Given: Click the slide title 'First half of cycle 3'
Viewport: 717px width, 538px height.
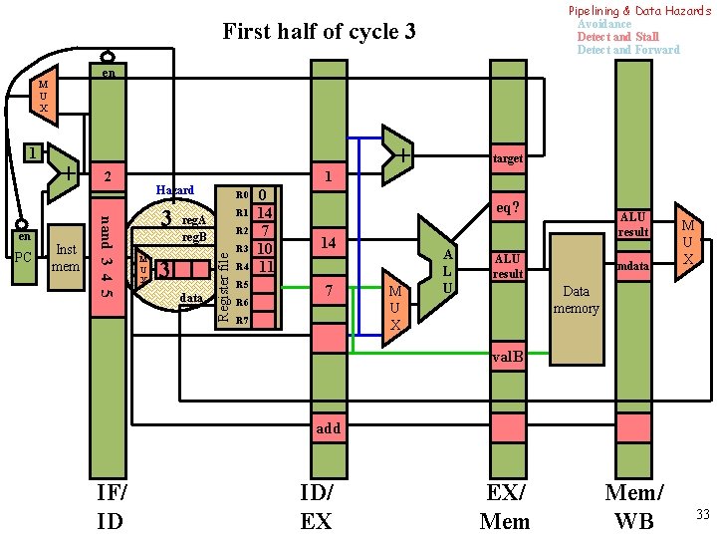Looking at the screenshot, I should pyautogui.click(x=319, y=31).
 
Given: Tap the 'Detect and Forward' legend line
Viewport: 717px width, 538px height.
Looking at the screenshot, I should pyautogui.click(x=628, y=50).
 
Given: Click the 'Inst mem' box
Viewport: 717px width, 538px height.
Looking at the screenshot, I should pyautogui.click(x=66, y=258).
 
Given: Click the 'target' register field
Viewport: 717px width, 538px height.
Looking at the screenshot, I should pyautogui.click(x=507, y=158).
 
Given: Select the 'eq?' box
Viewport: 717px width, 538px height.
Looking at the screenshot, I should pyautogui.click(x=508, y=210).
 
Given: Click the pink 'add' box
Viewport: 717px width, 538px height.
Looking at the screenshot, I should pyautogui.click(x=328, y=428).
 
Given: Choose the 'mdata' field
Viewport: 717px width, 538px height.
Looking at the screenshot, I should pyautogui.click(x=632, y=267).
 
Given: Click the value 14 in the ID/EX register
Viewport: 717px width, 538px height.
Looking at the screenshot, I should pyautogui.click(x=328, y=242).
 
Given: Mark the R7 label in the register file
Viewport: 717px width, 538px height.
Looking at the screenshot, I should pyautogui.click(x=240, y=321).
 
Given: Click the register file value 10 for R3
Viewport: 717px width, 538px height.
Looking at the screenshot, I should pyautogui.click(x=264, y=248).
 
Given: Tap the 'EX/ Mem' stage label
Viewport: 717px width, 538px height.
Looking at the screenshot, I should pyautogui.click(x=506, y=505).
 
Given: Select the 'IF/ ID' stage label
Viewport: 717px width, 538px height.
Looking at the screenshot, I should pyautogui.click(x=109, y=505).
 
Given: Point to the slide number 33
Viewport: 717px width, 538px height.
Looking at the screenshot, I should pyautogui.click(x=701, y=514).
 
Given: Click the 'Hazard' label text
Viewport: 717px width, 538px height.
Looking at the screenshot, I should pyautogui.click(x=174, y=190).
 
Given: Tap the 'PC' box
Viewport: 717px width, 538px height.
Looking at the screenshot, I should pyautogui.click(x=23, y=258).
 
